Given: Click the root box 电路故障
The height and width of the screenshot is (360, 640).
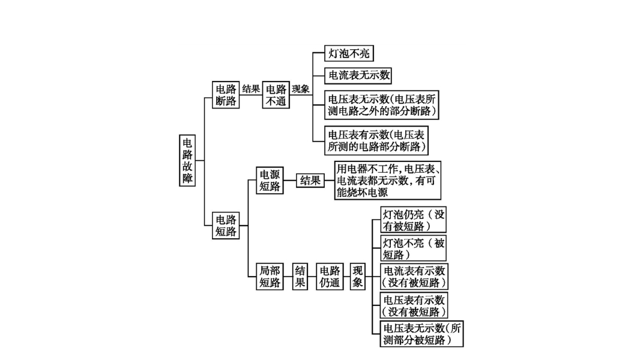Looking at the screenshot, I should [188, 160].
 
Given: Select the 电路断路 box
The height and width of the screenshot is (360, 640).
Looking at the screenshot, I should [226, 95].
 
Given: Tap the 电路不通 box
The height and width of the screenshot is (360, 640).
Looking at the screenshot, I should [276, 95].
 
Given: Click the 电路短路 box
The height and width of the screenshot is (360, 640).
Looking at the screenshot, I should [226, 225].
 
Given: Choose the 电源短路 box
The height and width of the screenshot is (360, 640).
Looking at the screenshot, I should [270, 180].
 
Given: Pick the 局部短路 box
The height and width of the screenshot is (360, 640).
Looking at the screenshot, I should [270, 277].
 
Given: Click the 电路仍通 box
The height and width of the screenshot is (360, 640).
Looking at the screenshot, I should [330, 277].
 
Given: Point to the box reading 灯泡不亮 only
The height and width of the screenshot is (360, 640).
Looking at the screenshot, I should [348, 53].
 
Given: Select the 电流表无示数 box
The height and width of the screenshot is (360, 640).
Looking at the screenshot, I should [358, 76].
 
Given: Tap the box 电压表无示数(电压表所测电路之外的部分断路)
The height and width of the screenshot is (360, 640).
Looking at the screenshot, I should [381, 105].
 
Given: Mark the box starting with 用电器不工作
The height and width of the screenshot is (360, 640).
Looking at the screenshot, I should [387, 180].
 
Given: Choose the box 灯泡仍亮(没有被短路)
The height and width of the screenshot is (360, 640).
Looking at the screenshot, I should [414, 220].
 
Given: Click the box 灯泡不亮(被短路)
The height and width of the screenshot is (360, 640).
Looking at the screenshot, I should [414, 248].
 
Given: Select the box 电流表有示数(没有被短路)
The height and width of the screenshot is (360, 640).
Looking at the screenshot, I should [414, 277].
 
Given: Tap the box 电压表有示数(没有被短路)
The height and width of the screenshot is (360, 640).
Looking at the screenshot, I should [414, 305].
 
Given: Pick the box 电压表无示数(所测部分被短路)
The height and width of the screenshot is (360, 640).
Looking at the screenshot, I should [422, 334].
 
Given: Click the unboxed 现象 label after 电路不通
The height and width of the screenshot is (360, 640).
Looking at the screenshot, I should [301, 89].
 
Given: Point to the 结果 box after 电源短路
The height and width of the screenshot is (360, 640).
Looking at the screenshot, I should [310, 180].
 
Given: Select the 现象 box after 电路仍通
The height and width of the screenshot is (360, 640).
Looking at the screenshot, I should [358, 277].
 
